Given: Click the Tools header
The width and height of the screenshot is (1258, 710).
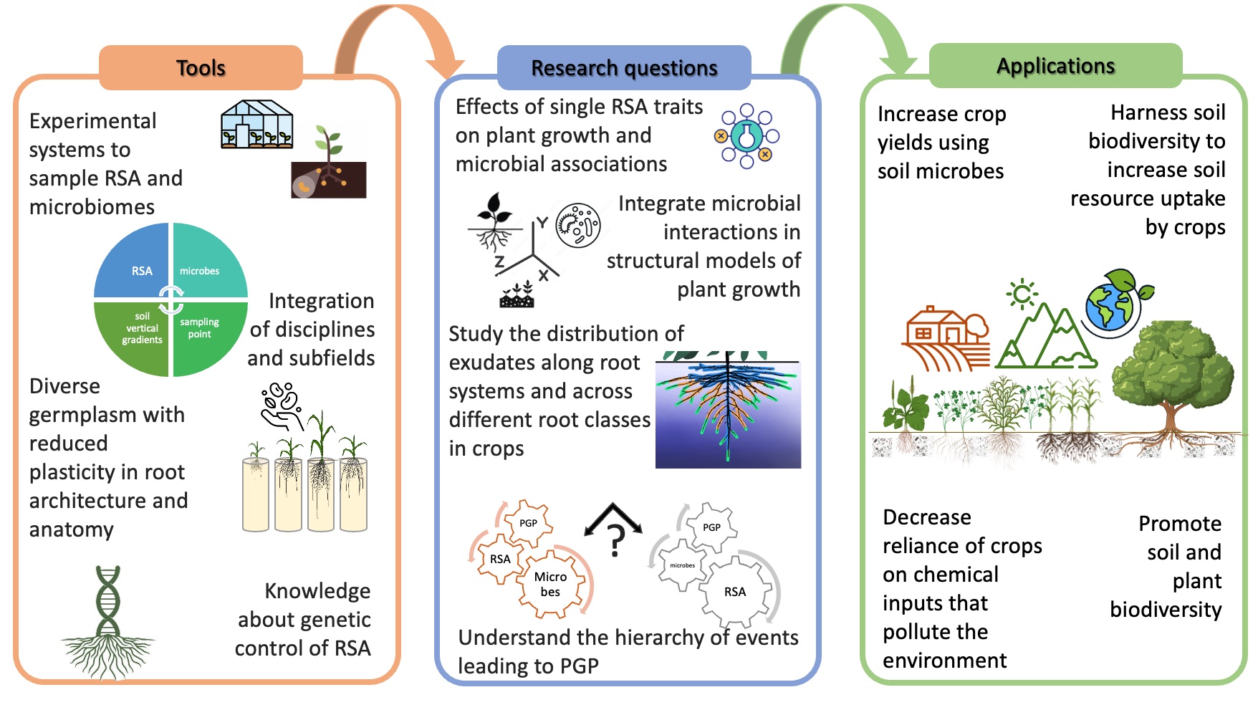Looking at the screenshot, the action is [x=201, y=67].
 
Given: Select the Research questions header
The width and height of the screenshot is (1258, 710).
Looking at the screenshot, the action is [x=624, y=67].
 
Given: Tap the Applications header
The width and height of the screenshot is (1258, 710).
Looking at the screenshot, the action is [x=1055, y=65].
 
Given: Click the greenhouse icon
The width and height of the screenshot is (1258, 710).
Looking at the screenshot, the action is [x=257, y=125].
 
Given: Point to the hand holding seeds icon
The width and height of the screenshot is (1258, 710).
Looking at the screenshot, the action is [x=281, y=406].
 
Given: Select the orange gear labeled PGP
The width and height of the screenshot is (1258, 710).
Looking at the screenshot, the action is [x=528, y=523].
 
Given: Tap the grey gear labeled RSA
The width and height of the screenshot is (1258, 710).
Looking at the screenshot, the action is [x=736, y=592].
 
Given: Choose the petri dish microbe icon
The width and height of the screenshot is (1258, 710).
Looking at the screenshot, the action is [x=578, y=226].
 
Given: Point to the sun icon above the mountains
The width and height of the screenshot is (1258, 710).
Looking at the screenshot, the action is [x=1022, y=293].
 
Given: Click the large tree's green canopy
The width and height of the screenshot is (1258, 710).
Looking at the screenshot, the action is [x=1173, y=365].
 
